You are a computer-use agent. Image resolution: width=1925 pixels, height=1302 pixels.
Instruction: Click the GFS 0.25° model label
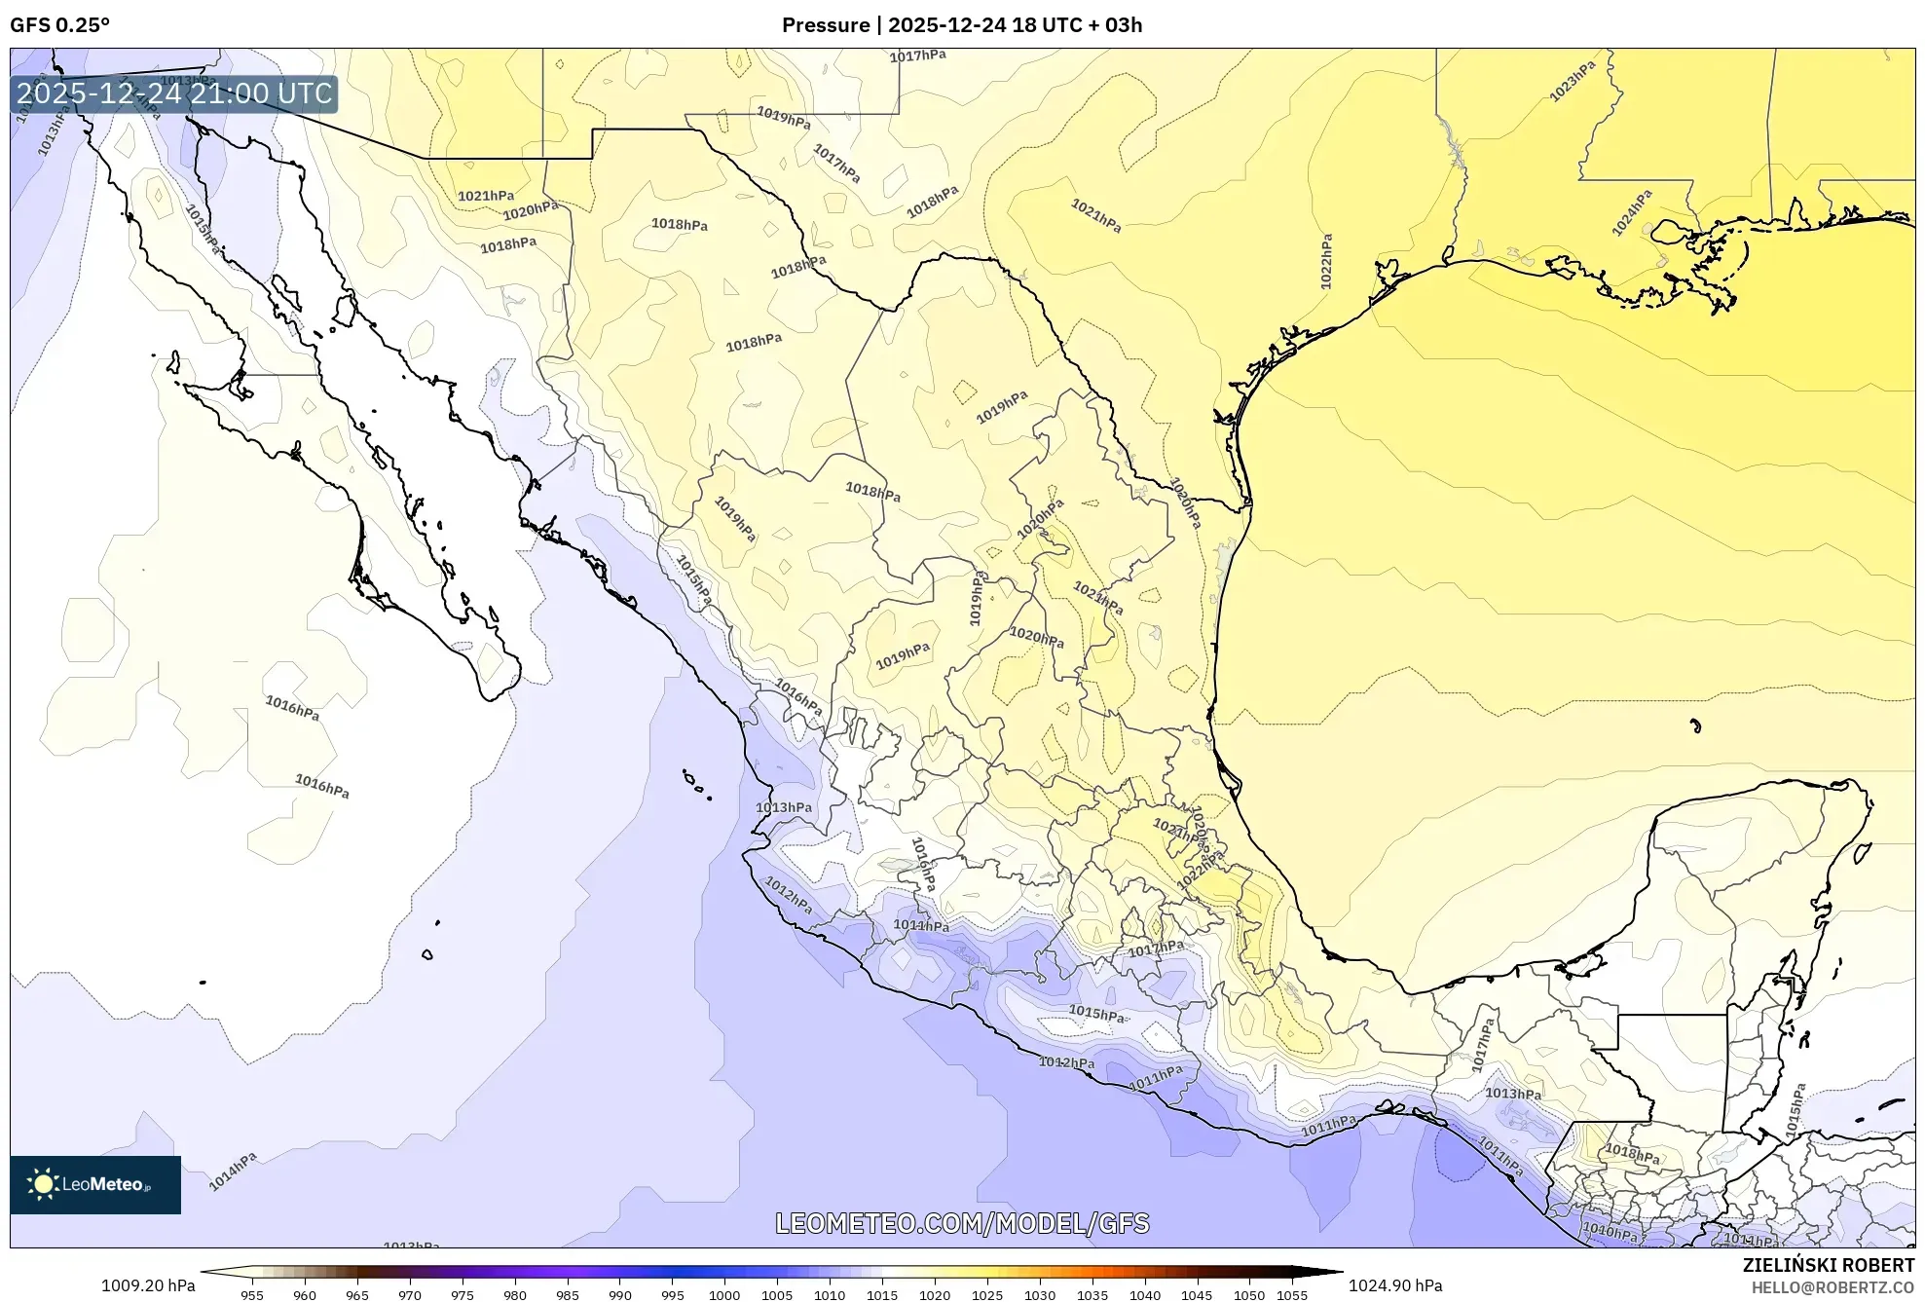(x=59, y=25)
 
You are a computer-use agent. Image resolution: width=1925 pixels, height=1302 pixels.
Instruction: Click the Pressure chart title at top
(x=961, y=25)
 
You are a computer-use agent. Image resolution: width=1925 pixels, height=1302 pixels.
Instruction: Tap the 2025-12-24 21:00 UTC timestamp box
(x=174, y=94)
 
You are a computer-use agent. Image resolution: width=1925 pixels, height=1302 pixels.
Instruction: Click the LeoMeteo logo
(x=95, y=1184)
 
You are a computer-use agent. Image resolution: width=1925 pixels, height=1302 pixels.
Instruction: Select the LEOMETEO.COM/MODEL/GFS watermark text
(x=961, y=1223)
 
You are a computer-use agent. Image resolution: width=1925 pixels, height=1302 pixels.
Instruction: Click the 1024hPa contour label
(x=1631, y=213)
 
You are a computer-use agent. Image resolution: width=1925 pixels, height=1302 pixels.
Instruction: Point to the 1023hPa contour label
(x=1572, y=82)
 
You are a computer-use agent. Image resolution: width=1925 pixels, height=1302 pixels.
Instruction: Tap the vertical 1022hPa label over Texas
(x=1326, y=261)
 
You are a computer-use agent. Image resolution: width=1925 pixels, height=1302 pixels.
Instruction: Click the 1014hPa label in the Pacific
(x=233, y=1172)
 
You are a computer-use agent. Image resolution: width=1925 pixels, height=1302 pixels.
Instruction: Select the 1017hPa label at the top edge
(x=917, y=56)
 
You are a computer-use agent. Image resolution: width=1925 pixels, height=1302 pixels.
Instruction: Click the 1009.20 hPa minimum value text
(x=148, y=1285)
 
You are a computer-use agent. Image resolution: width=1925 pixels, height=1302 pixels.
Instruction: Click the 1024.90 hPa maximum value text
(x=1394, y=1285)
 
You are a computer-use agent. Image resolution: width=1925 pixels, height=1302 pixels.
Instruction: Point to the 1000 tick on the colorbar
(x=724, y=1295)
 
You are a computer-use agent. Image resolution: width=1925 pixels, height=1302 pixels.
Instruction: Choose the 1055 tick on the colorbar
(x=1292, y=1295)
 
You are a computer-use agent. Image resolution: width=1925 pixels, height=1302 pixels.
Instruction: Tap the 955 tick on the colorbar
(x=252, y=1295)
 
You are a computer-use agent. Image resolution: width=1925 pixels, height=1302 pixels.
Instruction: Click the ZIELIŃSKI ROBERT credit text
(x=1828, y=1265)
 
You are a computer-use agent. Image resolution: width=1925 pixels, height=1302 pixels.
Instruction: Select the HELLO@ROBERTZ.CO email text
(x=1832, y=1287)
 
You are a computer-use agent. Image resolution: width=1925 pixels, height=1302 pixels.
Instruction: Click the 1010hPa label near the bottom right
(x=1609, y=1233)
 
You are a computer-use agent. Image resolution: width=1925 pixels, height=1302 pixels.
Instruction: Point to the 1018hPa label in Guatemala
(x=1632, y=1155)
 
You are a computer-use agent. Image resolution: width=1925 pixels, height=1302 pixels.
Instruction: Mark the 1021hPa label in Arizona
(x=486, y=196)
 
